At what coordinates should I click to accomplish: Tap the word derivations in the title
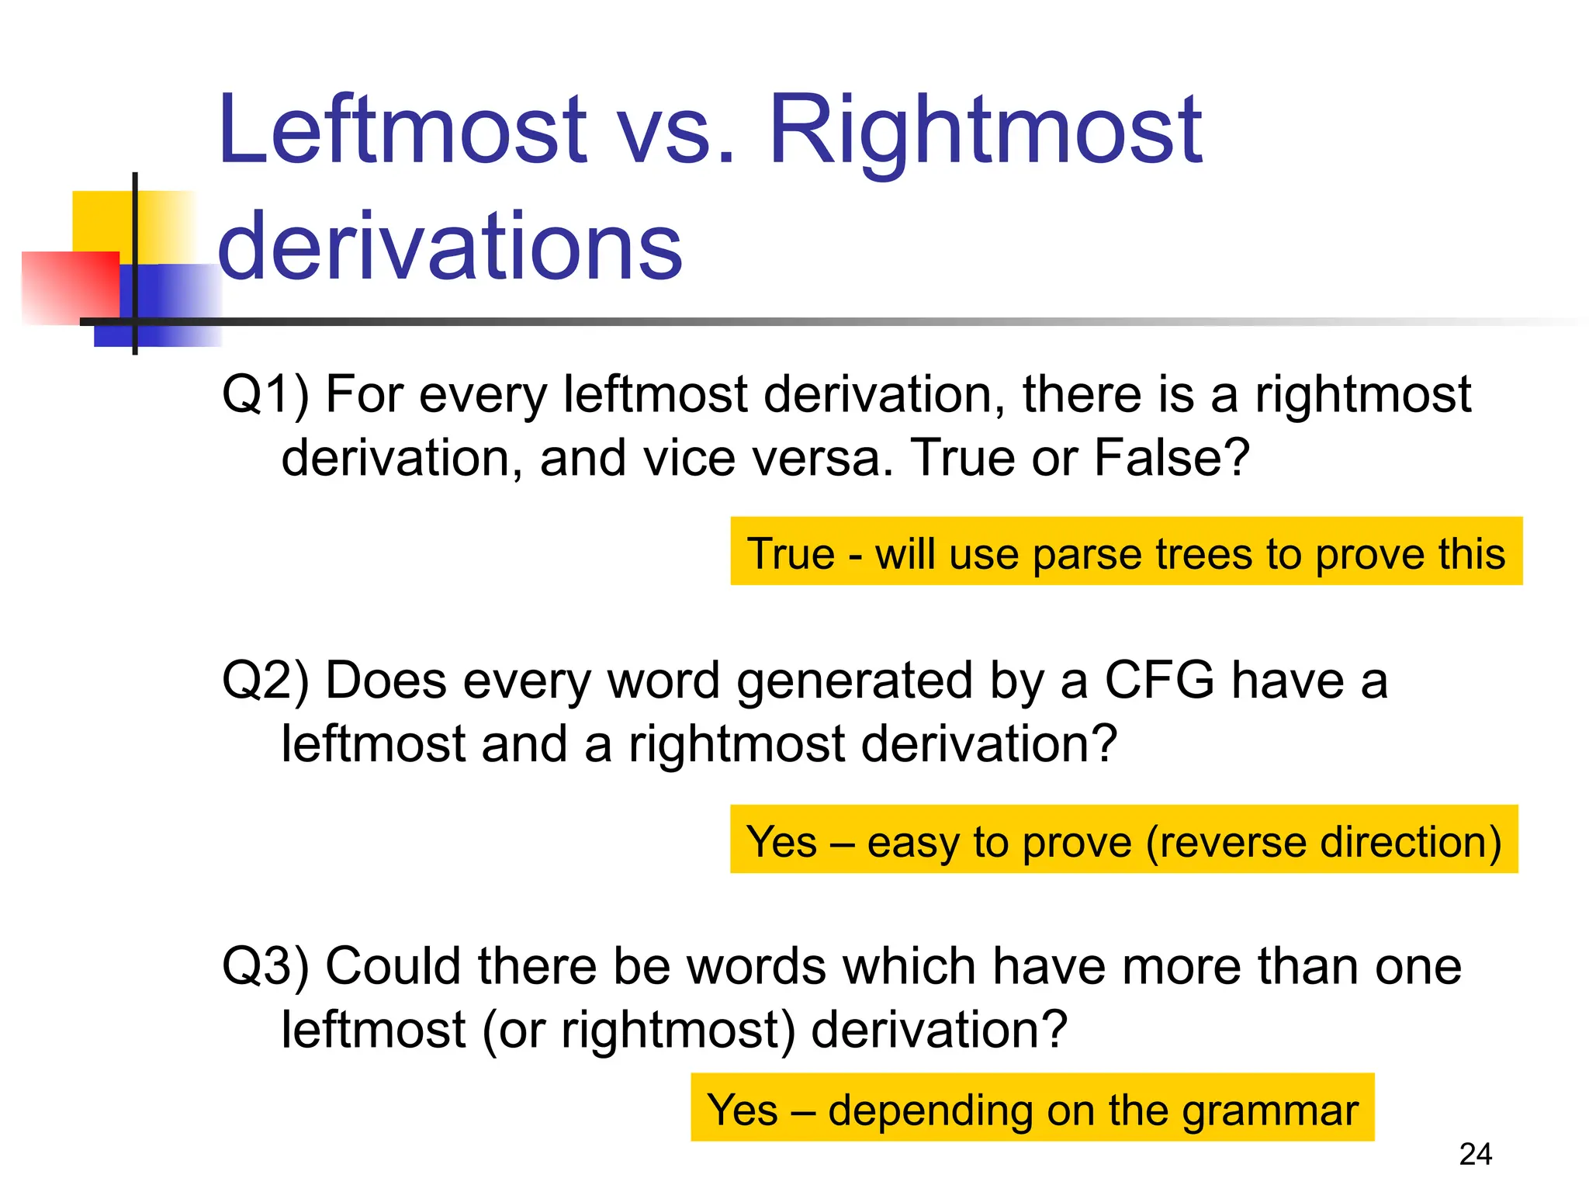pos(450,247)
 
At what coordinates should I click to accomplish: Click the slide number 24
pos(1475,1154)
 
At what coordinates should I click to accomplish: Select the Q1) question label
pos(265,394)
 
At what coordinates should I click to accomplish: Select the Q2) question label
pos(265,681)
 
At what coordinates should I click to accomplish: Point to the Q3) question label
pos(265,966)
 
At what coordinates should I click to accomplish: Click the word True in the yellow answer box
pos(791,554)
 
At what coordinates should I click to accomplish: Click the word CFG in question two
pos(1158,681)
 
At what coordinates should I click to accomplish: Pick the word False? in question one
pos(1172,458)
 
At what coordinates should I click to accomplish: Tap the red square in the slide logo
pos(70,287)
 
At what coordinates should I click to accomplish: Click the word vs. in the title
pos(675,130)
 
